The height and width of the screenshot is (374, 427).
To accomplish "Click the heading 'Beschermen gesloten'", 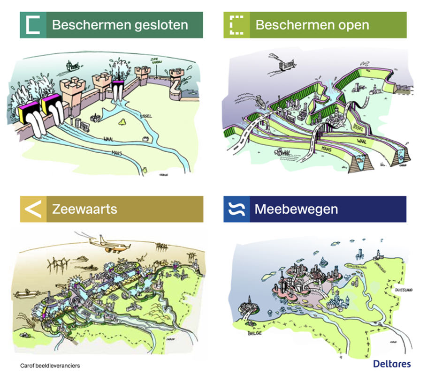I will coord(120,25).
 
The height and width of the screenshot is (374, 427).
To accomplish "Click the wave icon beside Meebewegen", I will coord(236,209).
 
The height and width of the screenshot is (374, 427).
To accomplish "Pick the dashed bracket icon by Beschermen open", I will coord(236,25).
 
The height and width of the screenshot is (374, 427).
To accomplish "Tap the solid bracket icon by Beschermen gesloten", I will coord(33,25).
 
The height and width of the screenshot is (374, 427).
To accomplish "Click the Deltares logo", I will coord(392,363).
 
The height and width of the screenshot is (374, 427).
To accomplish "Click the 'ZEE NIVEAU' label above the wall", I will coord(156,60).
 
